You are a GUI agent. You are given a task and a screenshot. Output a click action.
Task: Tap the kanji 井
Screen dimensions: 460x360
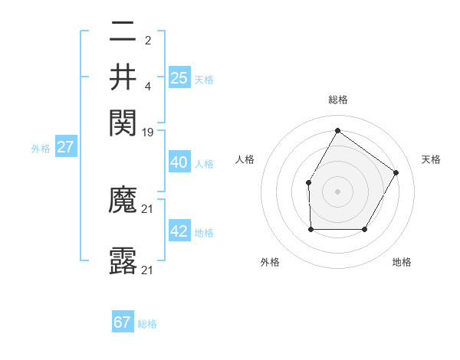[123, 77]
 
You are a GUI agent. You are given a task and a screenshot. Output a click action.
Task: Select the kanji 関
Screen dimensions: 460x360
[123, 122]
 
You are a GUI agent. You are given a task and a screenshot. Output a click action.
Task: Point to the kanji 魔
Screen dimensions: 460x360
[123, 201]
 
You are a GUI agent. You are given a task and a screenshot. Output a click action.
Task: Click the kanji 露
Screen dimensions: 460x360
[123, 261]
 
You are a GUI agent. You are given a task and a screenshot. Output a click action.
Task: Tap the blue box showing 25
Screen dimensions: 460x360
[179, 77]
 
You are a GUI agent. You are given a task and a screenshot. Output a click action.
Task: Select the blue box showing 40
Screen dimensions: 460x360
[179, 162]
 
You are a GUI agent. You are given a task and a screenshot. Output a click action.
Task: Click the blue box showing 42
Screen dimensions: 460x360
[179, 231]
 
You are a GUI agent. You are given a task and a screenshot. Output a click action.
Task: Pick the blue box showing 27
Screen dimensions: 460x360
[65, 147]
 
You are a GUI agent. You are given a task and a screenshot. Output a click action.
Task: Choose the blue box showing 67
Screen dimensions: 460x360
[123, 322]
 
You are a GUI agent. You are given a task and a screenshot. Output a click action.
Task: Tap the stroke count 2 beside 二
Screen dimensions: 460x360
[147, 41]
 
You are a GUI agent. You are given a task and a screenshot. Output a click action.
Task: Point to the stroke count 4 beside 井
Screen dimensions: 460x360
[147, 86]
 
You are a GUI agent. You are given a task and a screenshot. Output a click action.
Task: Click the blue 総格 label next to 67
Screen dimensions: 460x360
[147, 324]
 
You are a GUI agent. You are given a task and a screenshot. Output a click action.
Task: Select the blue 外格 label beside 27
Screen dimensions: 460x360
[41, 149]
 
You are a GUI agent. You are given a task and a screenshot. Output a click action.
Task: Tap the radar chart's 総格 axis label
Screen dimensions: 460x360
[337, 100]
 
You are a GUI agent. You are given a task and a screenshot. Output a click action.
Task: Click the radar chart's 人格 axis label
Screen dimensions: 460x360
[245, 159]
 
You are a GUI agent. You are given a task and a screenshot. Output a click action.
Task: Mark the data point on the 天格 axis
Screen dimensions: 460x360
[396, 172]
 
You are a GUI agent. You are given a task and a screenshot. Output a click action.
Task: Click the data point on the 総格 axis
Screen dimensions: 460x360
[337, 131]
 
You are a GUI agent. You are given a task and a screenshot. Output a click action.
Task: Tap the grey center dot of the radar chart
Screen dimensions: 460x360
[337, 191]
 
